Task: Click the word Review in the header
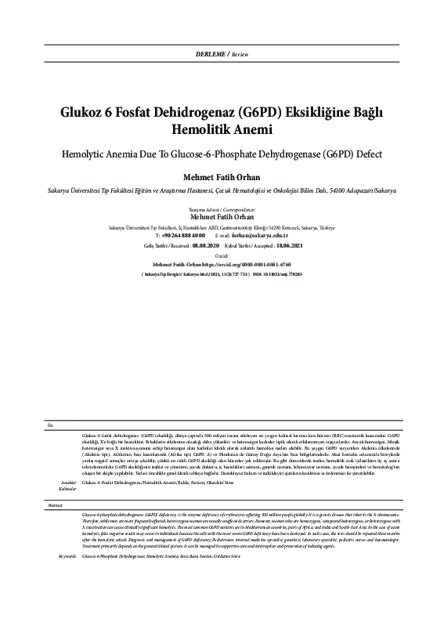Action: tap(240, 53)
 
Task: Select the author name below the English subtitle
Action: tap(222, 176)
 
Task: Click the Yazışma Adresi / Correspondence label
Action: tap(222, 211)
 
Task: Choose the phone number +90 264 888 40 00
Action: tap(183, 234)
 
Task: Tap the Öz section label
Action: tap(51, 425)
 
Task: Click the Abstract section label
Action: tap(55, 507)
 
